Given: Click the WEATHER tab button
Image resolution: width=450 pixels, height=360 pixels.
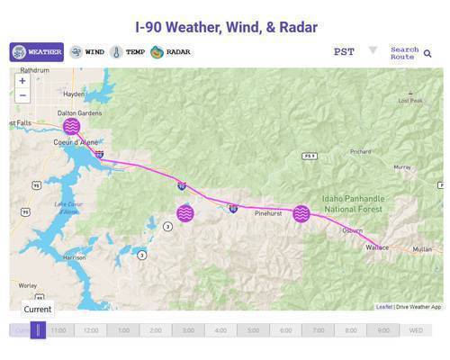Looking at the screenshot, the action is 37,52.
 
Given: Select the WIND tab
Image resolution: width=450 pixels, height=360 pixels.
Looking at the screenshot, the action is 87,52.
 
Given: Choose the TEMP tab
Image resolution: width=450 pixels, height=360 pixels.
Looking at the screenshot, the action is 128,52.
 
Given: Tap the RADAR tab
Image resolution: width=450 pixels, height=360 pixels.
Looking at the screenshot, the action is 170,52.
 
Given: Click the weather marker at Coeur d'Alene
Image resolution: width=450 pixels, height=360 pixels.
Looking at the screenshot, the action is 72,126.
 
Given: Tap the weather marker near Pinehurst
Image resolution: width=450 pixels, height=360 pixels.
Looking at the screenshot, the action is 301,213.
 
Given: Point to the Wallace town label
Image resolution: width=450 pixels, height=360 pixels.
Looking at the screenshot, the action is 378,246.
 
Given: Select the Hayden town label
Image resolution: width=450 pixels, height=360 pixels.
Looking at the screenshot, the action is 74,94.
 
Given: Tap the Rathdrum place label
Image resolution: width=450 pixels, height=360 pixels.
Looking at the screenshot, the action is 34,70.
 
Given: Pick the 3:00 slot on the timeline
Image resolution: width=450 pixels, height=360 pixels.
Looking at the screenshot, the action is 188,330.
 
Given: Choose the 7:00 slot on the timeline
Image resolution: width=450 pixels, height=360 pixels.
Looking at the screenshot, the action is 318,330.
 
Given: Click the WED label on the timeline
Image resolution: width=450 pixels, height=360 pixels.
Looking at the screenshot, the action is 416,330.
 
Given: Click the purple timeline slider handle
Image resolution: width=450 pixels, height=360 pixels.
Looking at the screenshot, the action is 38,330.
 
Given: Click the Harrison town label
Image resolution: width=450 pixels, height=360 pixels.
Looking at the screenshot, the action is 75,257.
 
